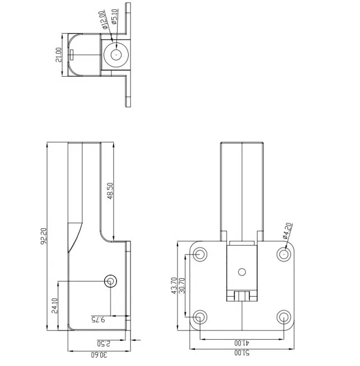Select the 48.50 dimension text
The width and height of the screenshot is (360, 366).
pyautogui.click(x=110, y=191)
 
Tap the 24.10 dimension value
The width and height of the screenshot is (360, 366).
pyautogui.click(x=54, y=305)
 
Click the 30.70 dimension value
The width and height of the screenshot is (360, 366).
pyautogui.click(x=181, y=286)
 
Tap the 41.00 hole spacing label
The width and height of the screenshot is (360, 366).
pyautogui.click(x=241, y=342)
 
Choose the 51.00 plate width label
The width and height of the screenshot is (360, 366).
pyautogui.click(x=242, y=354)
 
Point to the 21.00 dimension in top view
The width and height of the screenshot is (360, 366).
pyautogui.click(x=58, y=55)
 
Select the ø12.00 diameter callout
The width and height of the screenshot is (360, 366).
pyautogui.click(x=105, y=20)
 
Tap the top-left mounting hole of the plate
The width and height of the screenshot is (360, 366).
pyautogui.click(x=200, y=255)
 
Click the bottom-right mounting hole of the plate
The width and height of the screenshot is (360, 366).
pyautogui.click(x=284, y=317)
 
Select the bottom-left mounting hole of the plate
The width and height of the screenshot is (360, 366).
pyautogui.click(x=200, y=317)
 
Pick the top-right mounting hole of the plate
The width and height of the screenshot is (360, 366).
pyautogui.click(x=284, y=255)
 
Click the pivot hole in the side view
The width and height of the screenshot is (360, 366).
pyautogui.click(x=111, y=280)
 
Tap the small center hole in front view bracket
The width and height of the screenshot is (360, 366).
pyautogui.click(x=242, y=272)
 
